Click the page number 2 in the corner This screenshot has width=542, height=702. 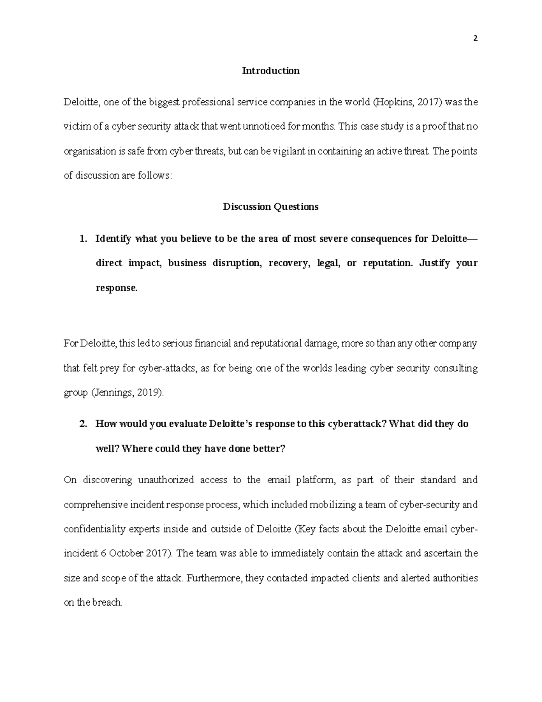475,39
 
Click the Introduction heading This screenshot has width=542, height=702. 271,71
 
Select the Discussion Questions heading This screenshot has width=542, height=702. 271,207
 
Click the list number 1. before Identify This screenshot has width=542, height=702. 83,239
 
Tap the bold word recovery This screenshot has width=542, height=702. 289,264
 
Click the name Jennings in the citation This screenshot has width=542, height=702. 112,393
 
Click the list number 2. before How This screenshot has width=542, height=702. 83,424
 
